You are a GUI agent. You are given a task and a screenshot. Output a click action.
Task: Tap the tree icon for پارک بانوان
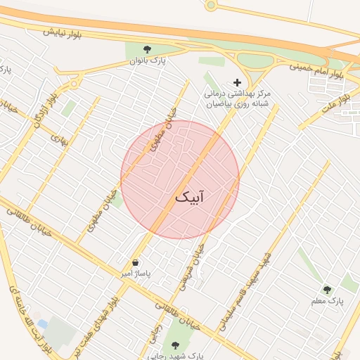147,49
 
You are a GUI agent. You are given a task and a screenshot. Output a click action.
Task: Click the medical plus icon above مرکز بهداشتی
237,82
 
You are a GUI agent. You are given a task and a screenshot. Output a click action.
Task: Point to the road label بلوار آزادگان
41,111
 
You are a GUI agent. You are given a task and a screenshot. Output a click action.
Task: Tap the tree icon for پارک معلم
326,289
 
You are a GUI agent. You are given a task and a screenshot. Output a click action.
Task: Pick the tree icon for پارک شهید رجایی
175,345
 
